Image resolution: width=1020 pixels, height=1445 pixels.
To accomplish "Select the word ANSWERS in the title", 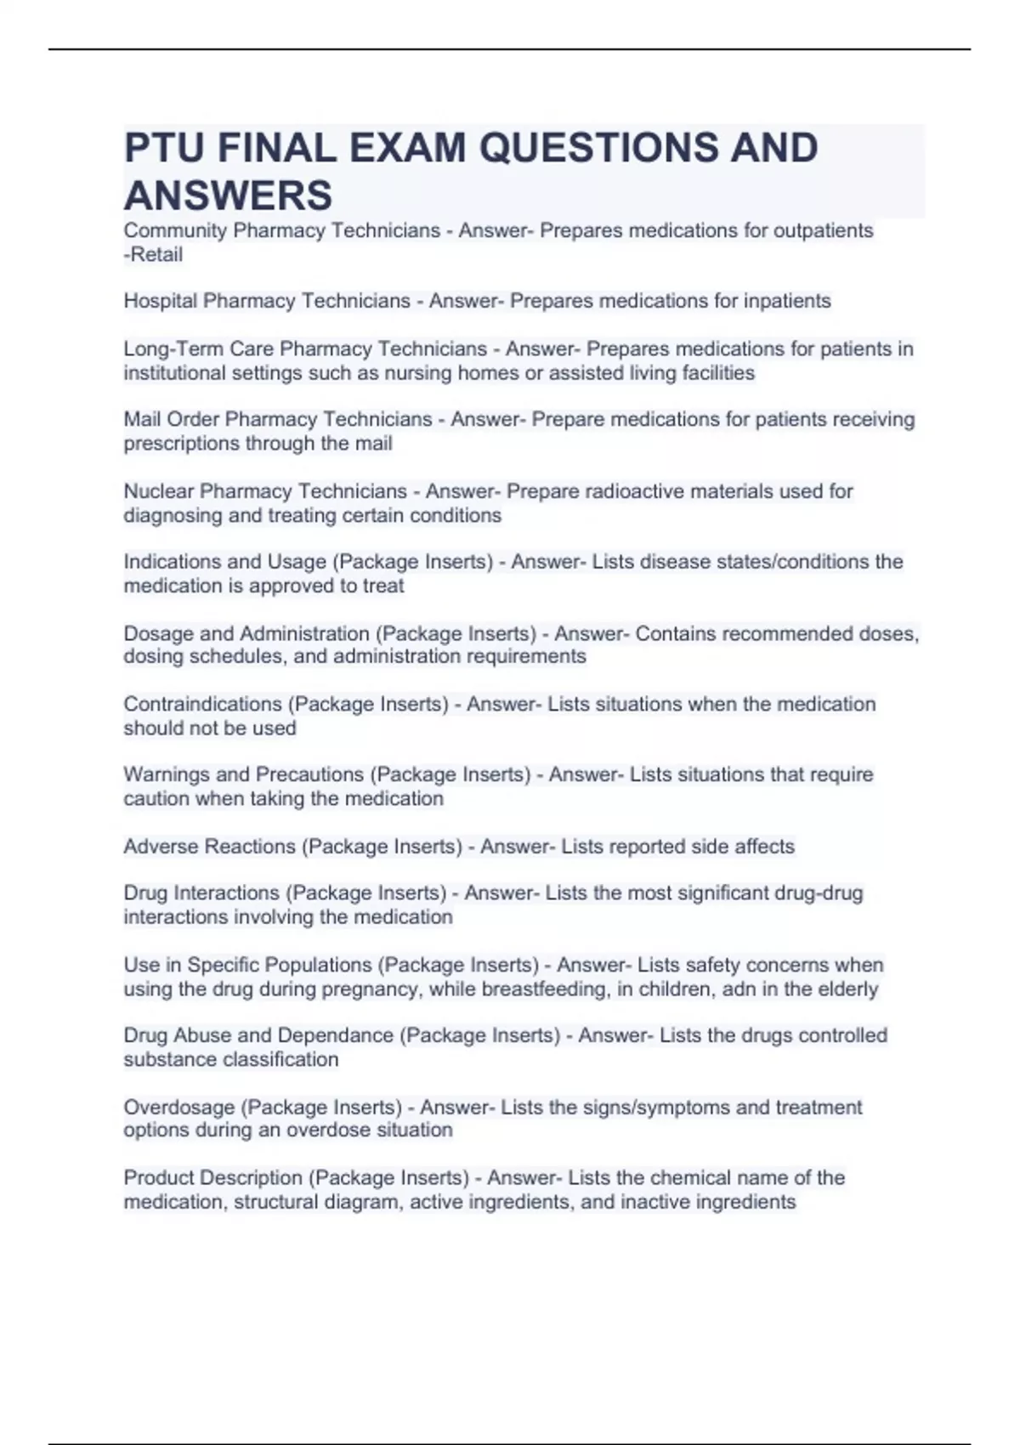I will pos(228,196).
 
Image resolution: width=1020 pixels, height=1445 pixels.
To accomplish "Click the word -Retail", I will pos(153,255).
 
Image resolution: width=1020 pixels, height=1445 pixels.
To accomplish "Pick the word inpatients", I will pos(787,302).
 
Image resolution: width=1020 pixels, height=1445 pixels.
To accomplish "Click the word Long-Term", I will pos(171,349).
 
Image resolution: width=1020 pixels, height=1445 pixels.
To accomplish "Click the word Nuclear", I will pos(158,491).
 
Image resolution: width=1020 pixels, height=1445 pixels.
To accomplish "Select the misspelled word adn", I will pos(739,989).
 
